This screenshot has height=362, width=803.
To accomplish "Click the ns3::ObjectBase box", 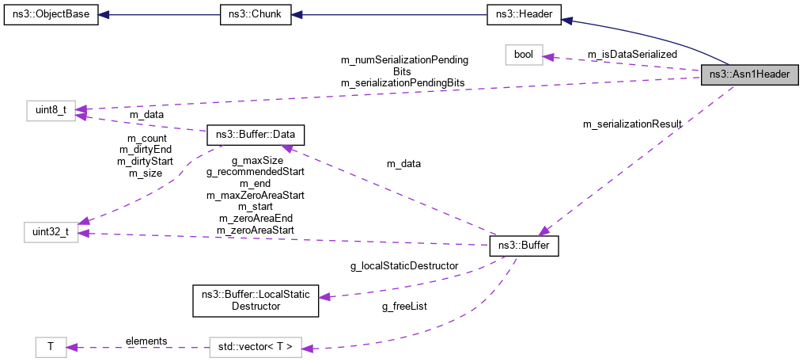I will coord(51,16).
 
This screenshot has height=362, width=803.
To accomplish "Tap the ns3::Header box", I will coord(523,16).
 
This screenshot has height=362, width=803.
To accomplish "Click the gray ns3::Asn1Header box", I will coord(749,74).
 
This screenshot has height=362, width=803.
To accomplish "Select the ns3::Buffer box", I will coord(525,246).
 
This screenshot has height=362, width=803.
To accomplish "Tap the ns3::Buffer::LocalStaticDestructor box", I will coord(256,299).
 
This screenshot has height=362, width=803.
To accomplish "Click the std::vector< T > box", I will coord(256,347).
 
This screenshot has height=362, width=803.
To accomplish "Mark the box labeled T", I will coord(51,347).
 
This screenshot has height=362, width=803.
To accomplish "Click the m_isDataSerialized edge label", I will coord(632,54).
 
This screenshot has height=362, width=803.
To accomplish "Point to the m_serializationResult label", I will coord(631,124).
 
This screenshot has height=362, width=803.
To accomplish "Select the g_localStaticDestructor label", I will coord(403,266).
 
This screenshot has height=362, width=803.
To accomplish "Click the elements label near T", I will coord(146,341).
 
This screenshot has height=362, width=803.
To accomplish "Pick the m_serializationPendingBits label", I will coord(402,82).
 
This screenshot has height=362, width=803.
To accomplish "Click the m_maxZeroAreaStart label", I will coord(255,194).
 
